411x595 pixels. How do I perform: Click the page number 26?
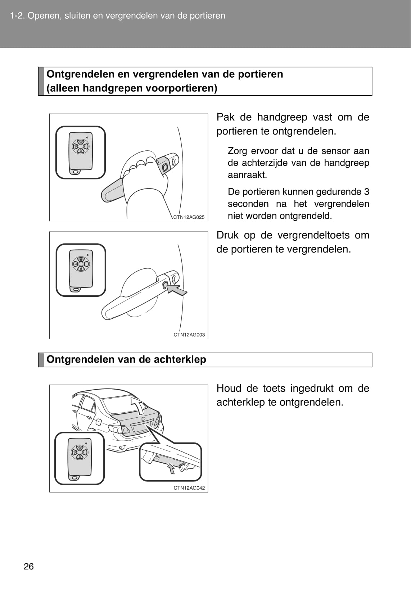[29, 567]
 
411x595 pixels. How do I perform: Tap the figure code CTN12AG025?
[189, 217]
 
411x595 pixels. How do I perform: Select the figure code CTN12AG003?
[189, 335]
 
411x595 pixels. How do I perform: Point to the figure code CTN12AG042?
[189, 488]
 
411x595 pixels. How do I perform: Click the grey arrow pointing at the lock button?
[177, 290]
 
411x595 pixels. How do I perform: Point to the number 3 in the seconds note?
[366, 192]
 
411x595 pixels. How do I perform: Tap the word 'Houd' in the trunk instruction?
[229, 389]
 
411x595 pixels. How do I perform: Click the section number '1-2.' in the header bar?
[18, 16]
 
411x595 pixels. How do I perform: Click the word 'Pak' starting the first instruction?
[226, 117]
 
